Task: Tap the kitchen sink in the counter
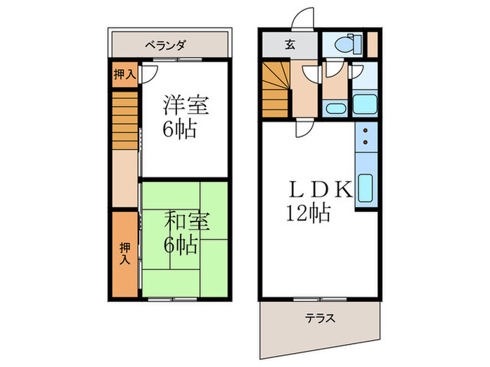(x=365, y=189)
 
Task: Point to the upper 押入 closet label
(x=124, y=74)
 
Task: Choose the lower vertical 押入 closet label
(x=125, y=252)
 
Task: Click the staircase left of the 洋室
(x=124, y=122)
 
